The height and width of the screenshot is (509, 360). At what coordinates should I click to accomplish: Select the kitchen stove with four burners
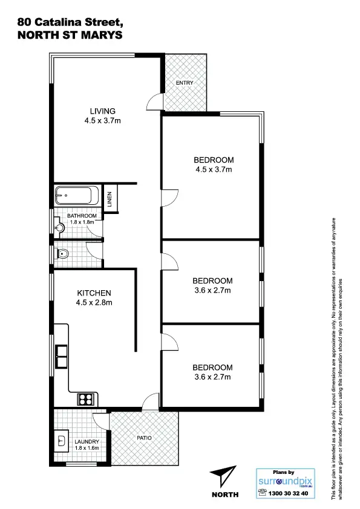(x=85, y=399)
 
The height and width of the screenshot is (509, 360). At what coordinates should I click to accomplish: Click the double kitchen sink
(x=61, y=356)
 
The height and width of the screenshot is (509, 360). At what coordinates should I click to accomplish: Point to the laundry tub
(x=62, y=439)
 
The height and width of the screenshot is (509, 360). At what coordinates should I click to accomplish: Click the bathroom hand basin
(x=59, y=228)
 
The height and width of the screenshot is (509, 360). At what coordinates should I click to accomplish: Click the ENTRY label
(x=184, y=82)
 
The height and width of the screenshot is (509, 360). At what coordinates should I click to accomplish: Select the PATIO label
(x=143, y=438)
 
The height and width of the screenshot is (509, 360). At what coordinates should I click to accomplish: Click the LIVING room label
(x=102, y=111)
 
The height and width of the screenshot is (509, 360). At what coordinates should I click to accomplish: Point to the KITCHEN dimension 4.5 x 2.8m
(x=94, y=303)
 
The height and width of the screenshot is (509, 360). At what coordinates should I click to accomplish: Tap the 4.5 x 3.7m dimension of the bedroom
(x=214, y=170)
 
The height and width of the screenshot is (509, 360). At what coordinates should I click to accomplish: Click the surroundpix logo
(x=286, y=482)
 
